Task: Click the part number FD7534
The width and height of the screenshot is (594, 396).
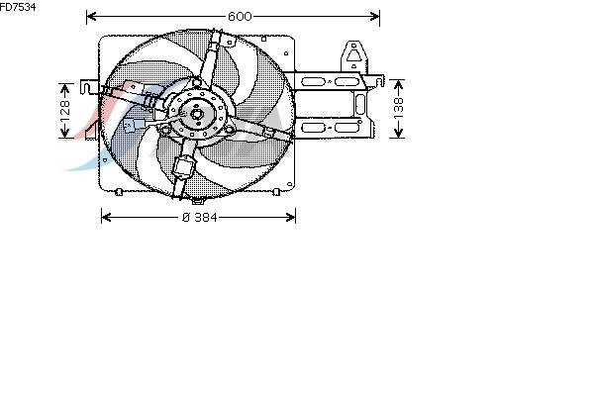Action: click(x=18, y=7)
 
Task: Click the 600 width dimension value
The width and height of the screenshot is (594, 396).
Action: click(x=240, y=16)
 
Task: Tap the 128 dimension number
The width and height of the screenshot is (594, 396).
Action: click(x=65, y=109)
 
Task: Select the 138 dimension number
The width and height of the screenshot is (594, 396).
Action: click(x=398, y=108)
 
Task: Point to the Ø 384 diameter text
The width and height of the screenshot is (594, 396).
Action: click(x=200, y=217)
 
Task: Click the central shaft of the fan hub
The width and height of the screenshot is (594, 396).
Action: click(x=197, y=113)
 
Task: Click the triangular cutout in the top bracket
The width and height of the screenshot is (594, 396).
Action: click(x=353, y=55)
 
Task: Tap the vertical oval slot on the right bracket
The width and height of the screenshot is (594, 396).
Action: click(x=360, y=103)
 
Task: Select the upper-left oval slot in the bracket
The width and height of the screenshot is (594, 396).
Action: click(x=313, y=81)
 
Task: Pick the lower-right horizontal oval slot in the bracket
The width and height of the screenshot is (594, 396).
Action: click(x=347, y=128)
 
